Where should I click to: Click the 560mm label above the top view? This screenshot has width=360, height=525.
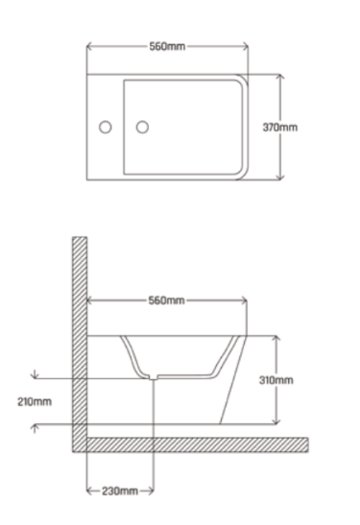tap(167, 46)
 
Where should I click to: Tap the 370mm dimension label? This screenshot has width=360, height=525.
tap(280, 128)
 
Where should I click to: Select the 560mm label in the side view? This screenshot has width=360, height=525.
tap(166, 300)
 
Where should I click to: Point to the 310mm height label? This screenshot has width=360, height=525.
tap(276, 380)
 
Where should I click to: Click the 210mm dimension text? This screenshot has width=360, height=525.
tap(35, 401)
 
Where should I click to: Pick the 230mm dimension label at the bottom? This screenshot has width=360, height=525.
tap(120, 491)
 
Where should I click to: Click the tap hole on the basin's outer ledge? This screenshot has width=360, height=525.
tap(106, 128)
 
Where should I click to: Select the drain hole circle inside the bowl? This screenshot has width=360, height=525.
tap(142, 128)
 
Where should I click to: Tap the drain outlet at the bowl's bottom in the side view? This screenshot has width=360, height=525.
tap(153, 377)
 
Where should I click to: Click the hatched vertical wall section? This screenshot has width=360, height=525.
tap(80, 345)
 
